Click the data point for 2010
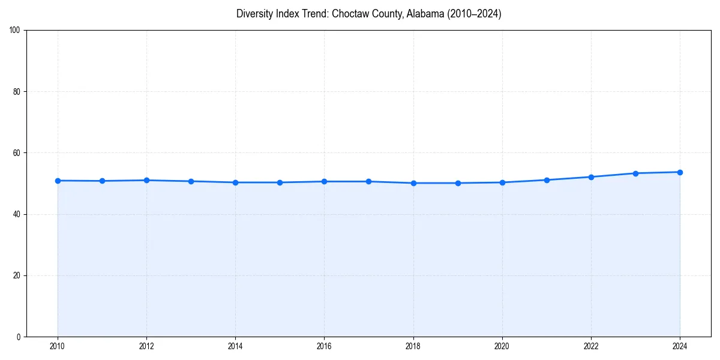point(58,181)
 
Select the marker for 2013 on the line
point(191,181)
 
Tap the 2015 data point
point(280,182)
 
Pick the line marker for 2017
point(368,181)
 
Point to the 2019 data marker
point(458,183)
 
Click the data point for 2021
point(547,180)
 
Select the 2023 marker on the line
point(635,173)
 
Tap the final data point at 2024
point(680,172)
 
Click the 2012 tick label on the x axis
point(146,346)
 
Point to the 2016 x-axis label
point(324,346)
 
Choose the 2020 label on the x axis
point(502,346)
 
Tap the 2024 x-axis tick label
point(680,346)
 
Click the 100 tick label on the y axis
point(16,31)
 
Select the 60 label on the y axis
point(17,153)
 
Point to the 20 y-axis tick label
point(17,275)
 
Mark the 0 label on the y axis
point(19,337)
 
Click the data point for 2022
point(591,177)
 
